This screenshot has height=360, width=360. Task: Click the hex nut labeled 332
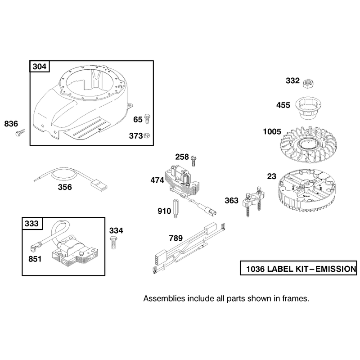tap(308, 84)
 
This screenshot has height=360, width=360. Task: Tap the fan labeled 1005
tap(308, 144)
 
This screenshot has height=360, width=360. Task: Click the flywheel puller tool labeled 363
tap(254, 200)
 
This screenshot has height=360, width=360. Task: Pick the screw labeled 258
tap(193, 161)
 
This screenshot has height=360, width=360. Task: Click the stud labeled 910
tap(175, 208)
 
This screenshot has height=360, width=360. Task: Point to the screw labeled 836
tap(20, 133)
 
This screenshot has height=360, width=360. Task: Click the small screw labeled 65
tap(147, 119)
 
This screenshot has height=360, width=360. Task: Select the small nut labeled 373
tap(147, 135)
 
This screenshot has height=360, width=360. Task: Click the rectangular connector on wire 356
tap(99, 185)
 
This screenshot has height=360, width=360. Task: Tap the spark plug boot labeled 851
tap(35, 247)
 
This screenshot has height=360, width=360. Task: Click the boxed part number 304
tap(40, 67)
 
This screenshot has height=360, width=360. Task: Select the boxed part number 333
tap(32, 223)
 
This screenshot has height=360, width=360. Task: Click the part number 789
tap(176, 238)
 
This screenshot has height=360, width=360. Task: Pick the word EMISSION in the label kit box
tap(336, 269)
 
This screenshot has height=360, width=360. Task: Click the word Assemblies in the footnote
tap(164, 298)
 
